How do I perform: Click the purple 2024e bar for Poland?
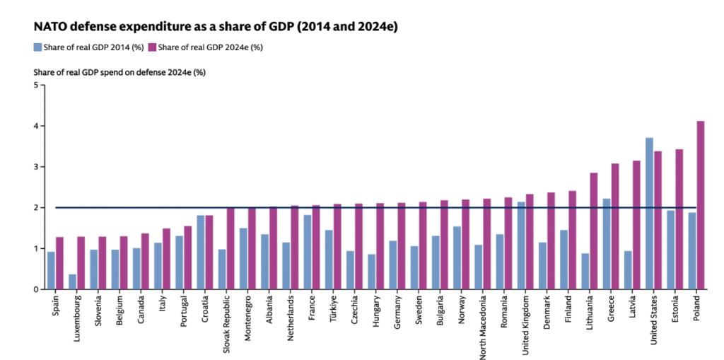click(x=701, y=205)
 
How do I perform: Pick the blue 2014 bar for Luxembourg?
click(x=72, y=281)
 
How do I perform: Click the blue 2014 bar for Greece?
click(x=607, y=244)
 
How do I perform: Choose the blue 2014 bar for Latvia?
click(x=628, y=270)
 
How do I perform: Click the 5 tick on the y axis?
click(x=36, y=86)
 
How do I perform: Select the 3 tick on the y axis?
click(x=36, y=167)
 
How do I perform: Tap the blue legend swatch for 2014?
click(x=37, y=47)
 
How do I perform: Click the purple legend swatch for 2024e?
click(x=153, y=47)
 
